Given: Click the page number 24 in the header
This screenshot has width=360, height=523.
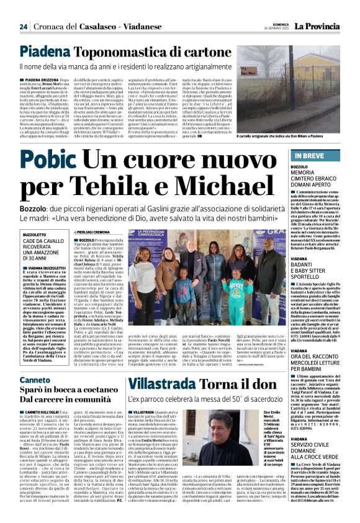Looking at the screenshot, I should pyautogui.click(x=22, y=27).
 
